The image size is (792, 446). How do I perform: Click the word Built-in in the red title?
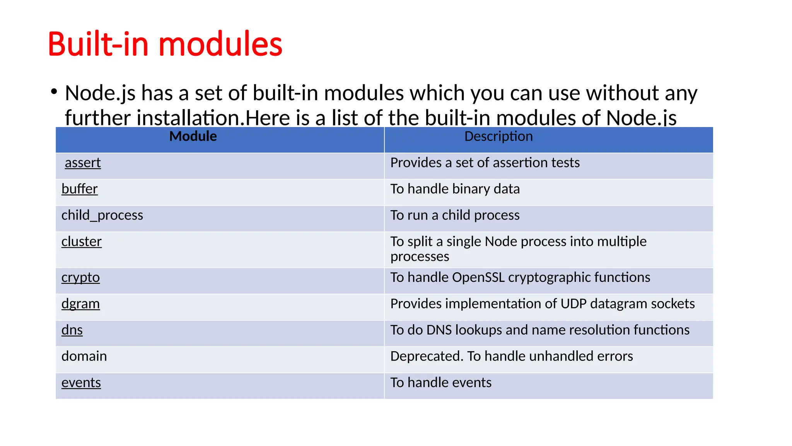click(98, 44)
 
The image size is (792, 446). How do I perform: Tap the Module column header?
click(193, 136)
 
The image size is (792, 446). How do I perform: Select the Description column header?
click(498, 136)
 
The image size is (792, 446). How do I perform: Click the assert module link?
click(82, 163)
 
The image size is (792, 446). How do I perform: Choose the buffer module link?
click(79, 189)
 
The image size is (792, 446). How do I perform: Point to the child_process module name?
click(102, 215)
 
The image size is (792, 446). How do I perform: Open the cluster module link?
click(81, 242)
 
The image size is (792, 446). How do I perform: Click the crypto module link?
click(80, 278)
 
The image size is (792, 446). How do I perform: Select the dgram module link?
click(80, 304)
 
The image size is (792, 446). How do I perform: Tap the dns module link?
click(72, 330)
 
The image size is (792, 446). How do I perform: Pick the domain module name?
click(84, 356)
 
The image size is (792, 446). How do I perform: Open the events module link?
click(81, 383)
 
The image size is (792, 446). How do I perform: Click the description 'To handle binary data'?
click(455, 189)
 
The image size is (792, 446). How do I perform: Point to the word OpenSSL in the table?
click(478, 278)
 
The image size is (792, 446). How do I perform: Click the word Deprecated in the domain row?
click(427, 356)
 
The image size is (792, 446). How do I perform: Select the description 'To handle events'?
click(440, 383)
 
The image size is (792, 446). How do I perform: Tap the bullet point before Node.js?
click(54, 92)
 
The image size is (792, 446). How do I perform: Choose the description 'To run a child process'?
click(455, 215)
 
